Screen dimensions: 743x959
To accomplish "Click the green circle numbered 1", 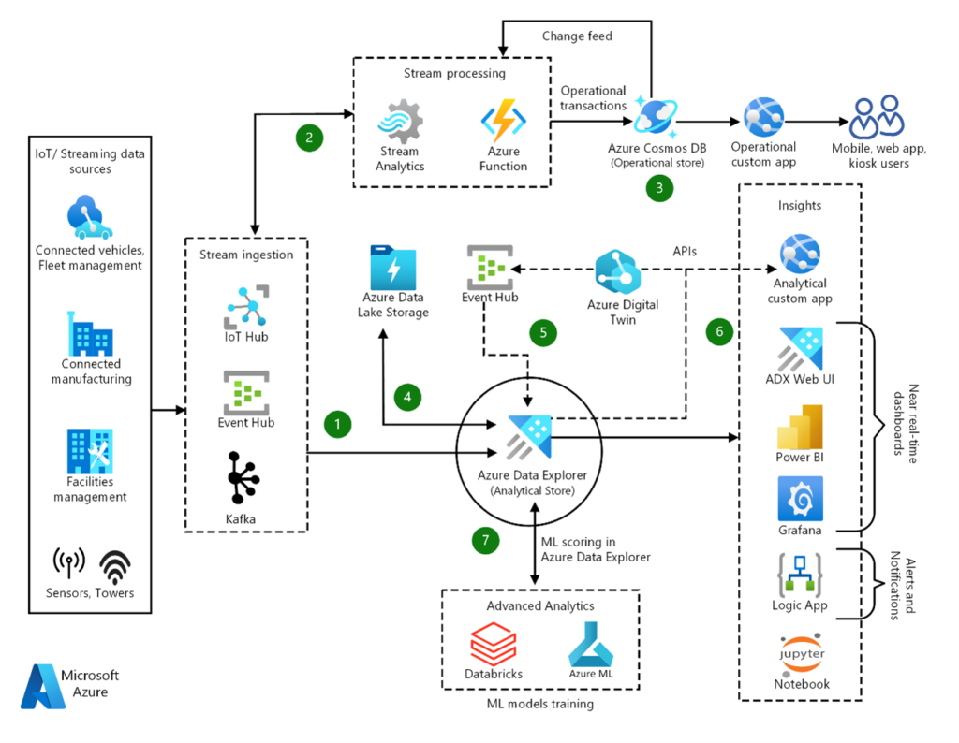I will [337, 424].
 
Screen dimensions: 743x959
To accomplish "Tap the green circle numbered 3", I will [660, 187].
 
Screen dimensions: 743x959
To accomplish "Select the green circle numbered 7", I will [486, 539].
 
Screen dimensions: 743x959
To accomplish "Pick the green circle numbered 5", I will [542, 331].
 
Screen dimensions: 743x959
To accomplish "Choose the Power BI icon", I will [800, 427].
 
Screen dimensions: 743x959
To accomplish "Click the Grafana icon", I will [800, 499].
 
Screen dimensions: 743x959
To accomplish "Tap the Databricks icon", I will [493, 645].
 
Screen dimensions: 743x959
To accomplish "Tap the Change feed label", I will [577, 36].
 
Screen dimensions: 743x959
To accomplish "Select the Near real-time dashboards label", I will [903, 422].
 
